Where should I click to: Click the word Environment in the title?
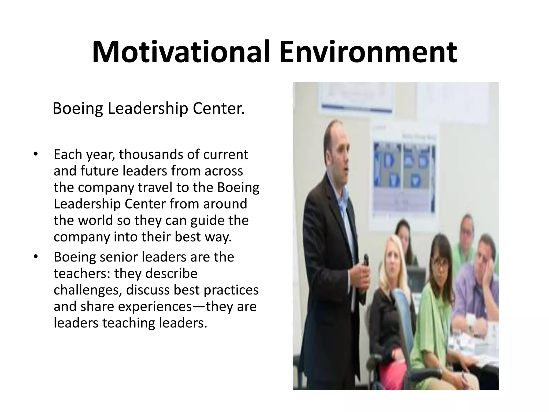368,52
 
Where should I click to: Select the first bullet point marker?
35,155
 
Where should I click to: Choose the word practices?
231,290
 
